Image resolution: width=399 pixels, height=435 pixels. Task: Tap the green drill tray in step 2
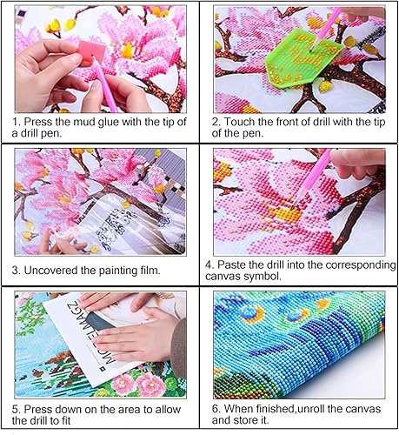pyautogui.click(x=302, y=57)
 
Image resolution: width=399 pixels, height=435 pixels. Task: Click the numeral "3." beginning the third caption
pyautogui.click(x=17, y=271)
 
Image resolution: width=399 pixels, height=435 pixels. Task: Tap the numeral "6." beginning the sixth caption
pyautogui.click(x=216, y=409)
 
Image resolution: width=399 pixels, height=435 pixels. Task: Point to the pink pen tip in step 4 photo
pyautogui.click(x=293, y=206)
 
